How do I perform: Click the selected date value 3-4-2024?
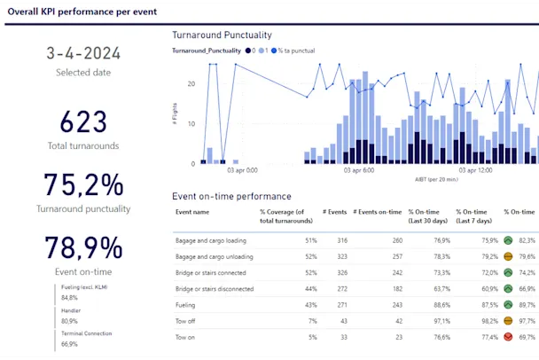point(83,54)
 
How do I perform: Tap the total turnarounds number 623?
point(83,122)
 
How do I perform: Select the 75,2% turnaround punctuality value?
point(83,185)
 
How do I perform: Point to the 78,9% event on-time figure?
point(83,247)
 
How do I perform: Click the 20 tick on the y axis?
point(191,83)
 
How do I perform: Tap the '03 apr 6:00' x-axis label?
point(357,169)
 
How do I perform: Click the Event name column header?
point(192,213)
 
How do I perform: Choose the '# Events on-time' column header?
point(378,213)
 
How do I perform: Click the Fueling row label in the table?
point(187,304)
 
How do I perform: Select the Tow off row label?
point(187,321)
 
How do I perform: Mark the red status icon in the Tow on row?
point(508,337)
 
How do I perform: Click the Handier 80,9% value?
point(71,320)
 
